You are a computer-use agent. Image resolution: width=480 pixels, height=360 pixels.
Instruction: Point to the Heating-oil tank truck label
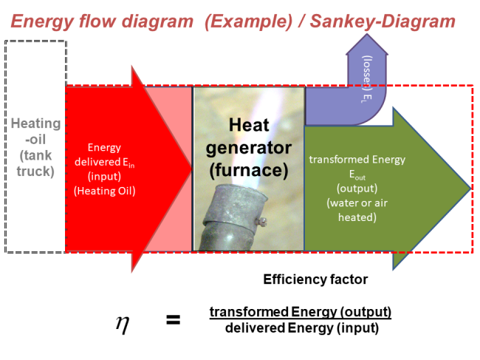tap(33, 149)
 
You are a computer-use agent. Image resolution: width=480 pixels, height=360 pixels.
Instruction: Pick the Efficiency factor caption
tap(315, 279)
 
